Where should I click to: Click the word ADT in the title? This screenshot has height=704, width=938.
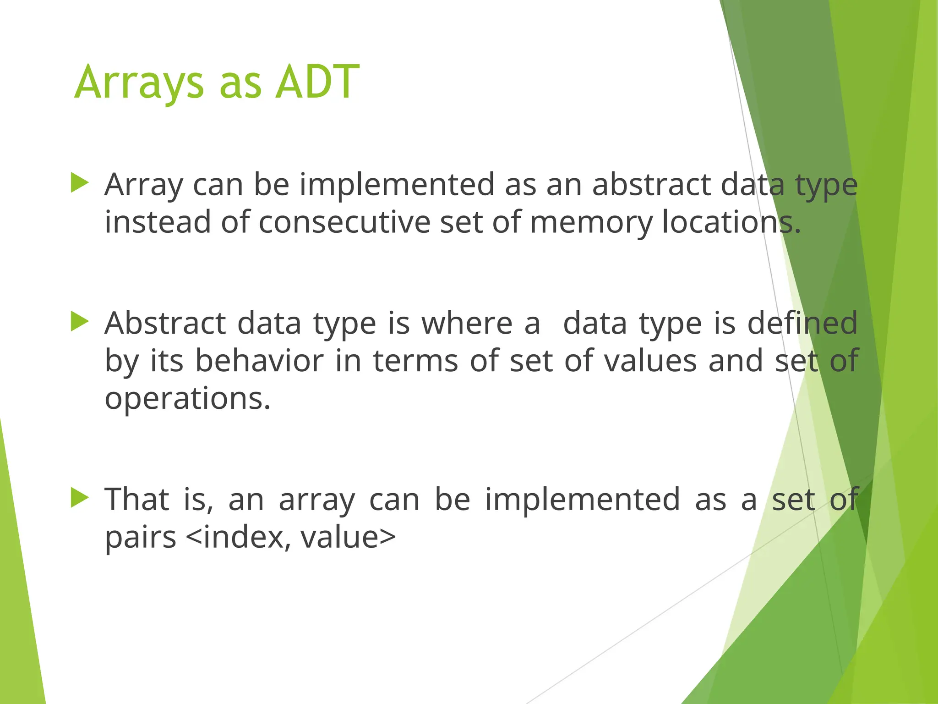pos(317,82)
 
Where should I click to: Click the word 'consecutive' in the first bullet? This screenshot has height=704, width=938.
pos(344,222)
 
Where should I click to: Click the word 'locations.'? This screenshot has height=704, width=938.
pos(731,222)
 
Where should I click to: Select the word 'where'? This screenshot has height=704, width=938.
pos(467,323)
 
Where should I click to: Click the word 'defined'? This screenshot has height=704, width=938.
pos(802,323)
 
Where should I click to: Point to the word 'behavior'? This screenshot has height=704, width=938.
pos(259,361)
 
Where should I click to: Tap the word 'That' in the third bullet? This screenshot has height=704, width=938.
pos(137,499)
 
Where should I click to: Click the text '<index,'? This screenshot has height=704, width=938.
pos(238,537)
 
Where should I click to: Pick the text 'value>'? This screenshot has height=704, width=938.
pos(348,537)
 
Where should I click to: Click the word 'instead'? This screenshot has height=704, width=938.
pos(157,222)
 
